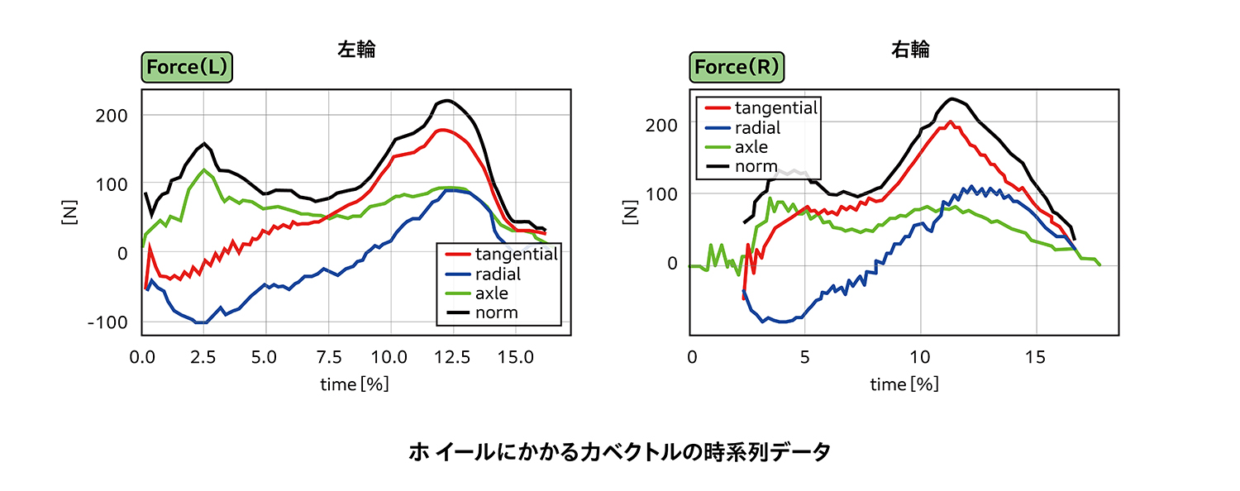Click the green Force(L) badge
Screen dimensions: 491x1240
click(186, 68)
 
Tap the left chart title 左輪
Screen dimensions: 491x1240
click(356, 50)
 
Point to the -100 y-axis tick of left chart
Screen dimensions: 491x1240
click(107, 322)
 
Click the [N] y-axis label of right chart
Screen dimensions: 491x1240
click(633, 212)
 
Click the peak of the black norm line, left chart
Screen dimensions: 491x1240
click(447, 101)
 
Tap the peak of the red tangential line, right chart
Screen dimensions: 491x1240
click(951, 122)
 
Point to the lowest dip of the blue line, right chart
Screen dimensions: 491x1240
click(781, 322)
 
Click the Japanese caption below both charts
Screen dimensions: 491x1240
click(619, 452)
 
